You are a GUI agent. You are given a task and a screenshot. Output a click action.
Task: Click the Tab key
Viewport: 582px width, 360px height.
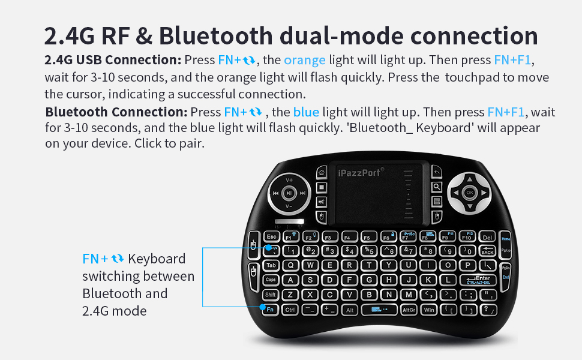click(x=271, y=265)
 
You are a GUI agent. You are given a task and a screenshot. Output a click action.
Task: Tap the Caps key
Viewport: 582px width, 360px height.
click(x=271, y=280)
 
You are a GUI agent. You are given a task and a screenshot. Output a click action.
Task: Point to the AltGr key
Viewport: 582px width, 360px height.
click(x=409, y=310)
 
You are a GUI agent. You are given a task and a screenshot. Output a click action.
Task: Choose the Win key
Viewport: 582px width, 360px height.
click(x=428, y=310)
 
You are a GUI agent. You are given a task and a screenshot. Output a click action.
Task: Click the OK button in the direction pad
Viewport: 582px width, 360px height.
click(x=469, y=193)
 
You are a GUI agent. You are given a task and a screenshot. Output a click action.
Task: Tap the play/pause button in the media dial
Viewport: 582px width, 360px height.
click(x=289, y=193)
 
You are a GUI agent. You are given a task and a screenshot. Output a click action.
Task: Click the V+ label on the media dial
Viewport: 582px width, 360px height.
click(x=289, y=180)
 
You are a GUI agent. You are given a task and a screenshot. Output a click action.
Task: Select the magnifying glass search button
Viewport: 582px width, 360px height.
click(x=437, y=187)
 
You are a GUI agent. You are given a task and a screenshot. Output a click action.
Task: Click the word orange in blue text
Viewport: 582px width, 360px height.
click(x=305, y=60)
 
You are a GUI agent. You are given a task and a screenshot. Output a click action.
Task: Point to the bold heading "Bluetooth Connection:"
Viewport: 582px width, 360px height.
click(x=116, y=112)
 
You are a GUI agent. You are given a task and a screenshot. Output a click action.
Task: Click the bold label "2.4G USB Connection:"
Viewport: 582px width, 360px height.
click(x=113, y=60)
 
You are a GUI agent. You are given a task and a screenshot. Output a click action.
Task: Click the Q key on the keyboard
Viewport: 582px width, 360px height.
click(x=291, y=265)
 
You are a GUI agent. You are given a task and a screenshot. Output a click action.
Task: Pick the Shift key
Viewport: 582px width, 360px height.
click(x=271, y=295)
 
